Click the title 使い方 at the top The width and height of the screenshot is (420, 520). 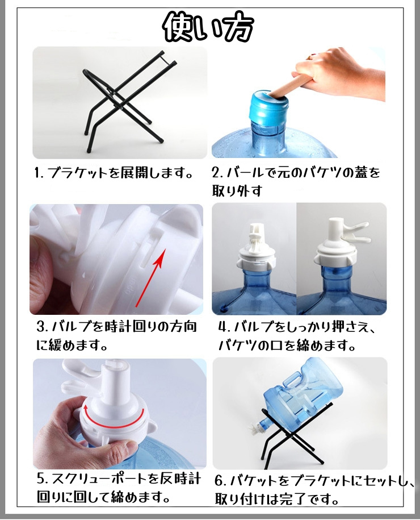click(209, 27)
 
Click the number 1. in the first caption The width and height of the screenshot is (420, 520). click(39, 173)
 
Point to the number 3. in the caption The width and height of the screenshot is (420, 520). click(43, 327)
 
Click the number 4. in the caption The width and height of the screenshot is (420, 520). click(225, 327)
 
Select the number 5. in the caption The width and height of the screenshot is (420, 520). click(43, 479)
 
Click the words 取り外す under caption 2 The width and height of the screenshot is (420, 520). click(237, 191)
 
